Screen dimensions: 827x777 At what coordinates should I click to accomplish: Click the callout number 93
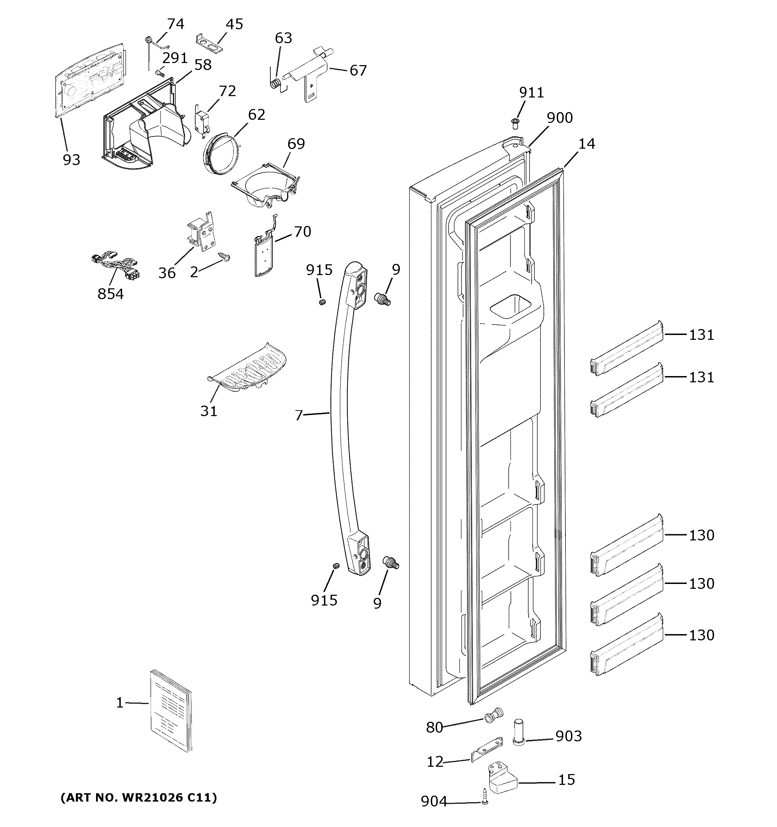tap(71, 160)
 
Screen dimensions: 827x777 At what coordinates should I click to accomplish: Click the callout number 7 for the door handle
tap(299, 415)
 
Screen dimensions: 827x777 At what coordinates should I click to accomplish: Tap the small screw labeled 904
tap(484, 795)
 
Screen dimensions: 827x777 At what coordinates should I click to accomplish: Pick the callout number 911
tap(531, 92)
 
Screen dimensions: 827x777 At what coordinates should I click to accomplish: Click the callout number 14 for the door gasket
tap(587, 144)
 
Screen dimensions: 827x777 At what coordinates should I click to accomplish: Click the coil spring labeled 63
tap(275, 83)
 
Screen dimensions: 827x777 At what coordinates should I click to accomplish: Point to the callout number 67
tap(358, 71)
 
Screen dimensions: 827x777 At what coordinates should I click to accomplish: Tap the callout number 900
tap(560, 118)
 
